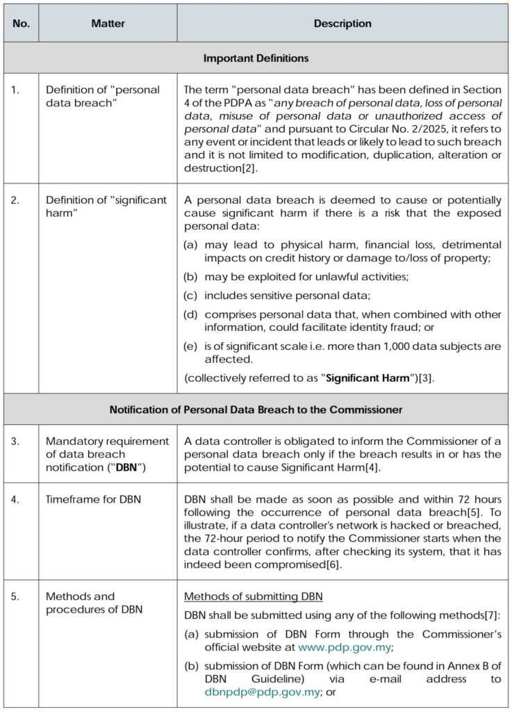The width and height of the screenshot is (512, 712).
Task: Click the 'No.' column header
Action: (x=21, y=24)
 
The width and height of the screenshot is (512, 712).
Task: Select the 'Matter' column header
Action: (x=108, y=24)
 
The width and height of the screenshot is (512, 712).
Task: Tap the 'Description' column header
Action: (x=342, y=24)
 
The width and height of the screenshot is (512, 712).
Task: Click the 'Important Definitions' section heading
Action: (x=256, y=58)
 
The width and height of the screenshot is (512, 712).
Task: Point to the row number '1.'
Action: (x=16, y=90)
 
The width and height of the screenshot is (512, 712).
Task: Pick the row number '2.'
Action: (x=16, y=200)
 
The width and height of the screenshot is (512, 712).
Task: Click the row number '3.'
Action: (x=16, y=442)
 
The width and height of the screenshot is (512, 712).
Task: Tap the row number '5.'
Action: (x=16, y=597)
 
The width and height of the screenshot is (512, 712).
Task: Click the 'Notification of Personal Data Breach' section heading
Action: (x=256, y=410)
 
